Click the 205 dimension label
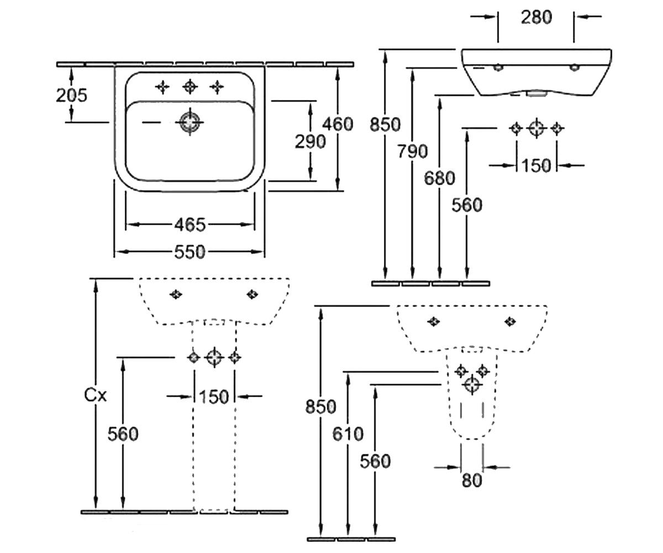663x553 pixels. pyautogui.click(x=71, y=95)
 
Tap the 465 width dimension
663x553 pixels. pyautogui.click(x=190, y=225)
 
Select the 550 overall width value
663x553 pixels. pyautogui.click(x=190, y=252)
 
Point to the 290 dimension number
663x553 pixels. pyautogui.click(x=310, y=142)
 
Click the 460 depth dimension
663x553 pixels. pyautogui.click(x=338, y=124)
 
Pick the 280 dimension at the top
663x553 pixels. pyautogui.click(x=536, y=17)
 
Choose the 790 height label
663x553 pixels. pyautogui.click(x=413, y=152)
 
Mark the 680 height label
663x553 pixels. pyautogui.click(x=439, y=178)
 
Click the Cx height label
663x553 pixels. pyautogui.click(x=95, y=395)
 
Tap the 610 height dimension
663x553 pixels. pyautogui.click(x=348, y=434)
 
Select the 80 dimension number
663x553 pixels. pyautogui.click(x=472, y=480)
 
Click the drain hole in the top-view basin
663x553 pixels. pyautogui.click(x=190, y=122)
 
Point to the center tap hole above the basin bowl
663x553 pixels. pyautogui.click(x=190, y=86)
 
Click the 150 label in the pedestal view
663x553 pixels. pyautogui.click(x=214, y=397)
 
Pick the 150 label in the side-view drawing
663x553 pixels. pyautogui.click(x=536, y=165)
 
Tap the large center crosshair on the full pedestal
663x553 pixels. pyautogui.click(x=214, y=358)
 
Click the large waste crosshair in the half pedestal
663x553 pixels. pyautogui.click(x=472, y=385)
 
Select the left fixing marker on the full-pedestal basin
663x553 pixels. pyautogui.click(x=176, y=294)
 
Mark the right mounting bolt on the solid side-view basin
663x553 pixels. pyautogui.click(x=574, y=67)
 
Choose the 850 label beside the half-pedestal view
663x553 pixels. pyautogui.click(x=320, y=406)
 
